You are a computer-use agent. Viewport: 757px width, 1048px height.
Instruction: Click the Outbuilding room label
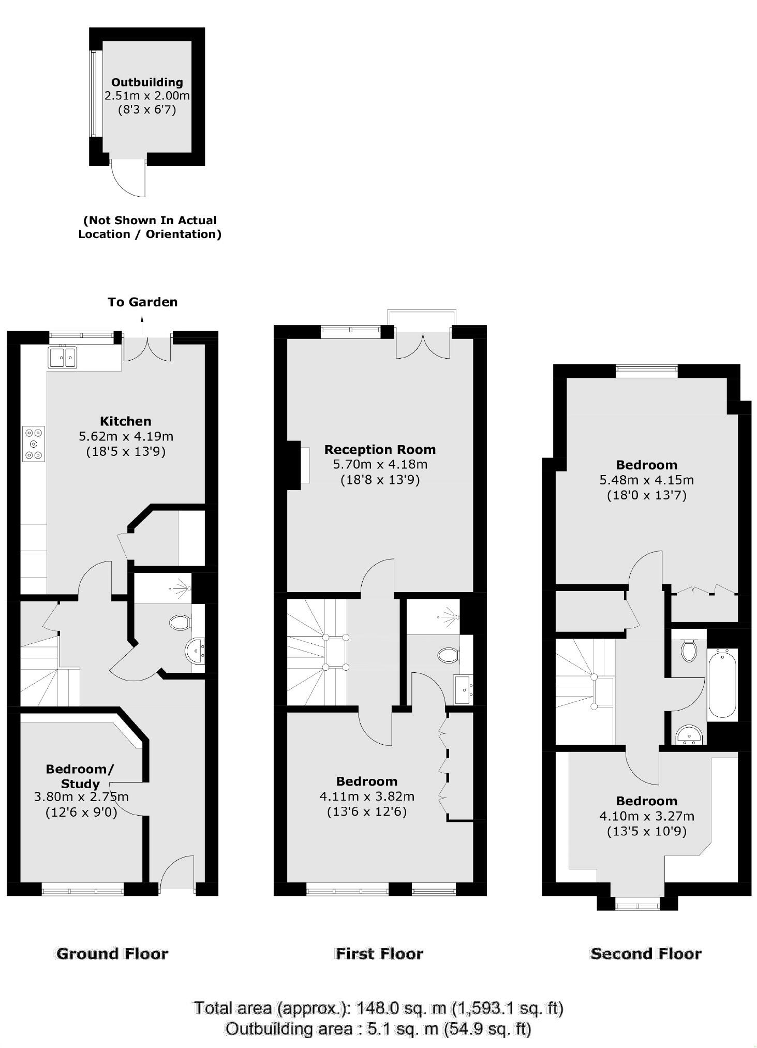point(147,82)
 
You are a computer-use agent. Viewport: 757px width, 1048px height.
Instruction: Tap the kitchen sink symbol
point(63,358)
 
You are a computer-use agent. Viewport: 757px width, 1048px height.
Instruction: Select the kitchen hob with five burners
point(34,444)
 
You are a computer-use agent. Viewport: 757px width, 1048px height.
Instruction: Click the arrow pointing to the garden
point(143,324)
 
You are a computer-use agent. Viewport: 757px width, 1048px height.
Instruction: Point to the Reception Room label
point(380,449)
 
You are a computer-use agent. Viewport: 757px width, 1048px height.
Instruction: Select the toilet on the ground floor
point(179,622)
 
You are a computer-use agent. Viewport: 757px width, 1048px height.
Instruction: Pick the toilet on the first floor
point(448,655)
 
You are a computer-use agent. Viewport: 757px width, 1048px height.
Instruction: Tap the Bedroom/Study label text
point(80,776)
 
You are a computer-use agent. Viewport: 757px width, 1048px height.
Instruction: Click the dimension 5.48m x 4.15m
point(646,480)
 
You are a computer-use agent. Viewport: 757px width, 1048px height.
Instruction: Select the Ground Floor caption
point(112,954)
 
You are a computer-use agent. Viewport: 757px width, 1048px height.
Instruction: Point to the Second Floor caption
point(646,954)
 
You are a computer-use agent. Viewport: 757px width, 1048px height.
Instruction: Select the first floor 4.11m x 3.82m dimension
point(367,796)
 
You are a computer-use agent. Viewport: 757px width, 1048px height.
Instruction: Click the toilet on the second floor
point(689,651)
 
